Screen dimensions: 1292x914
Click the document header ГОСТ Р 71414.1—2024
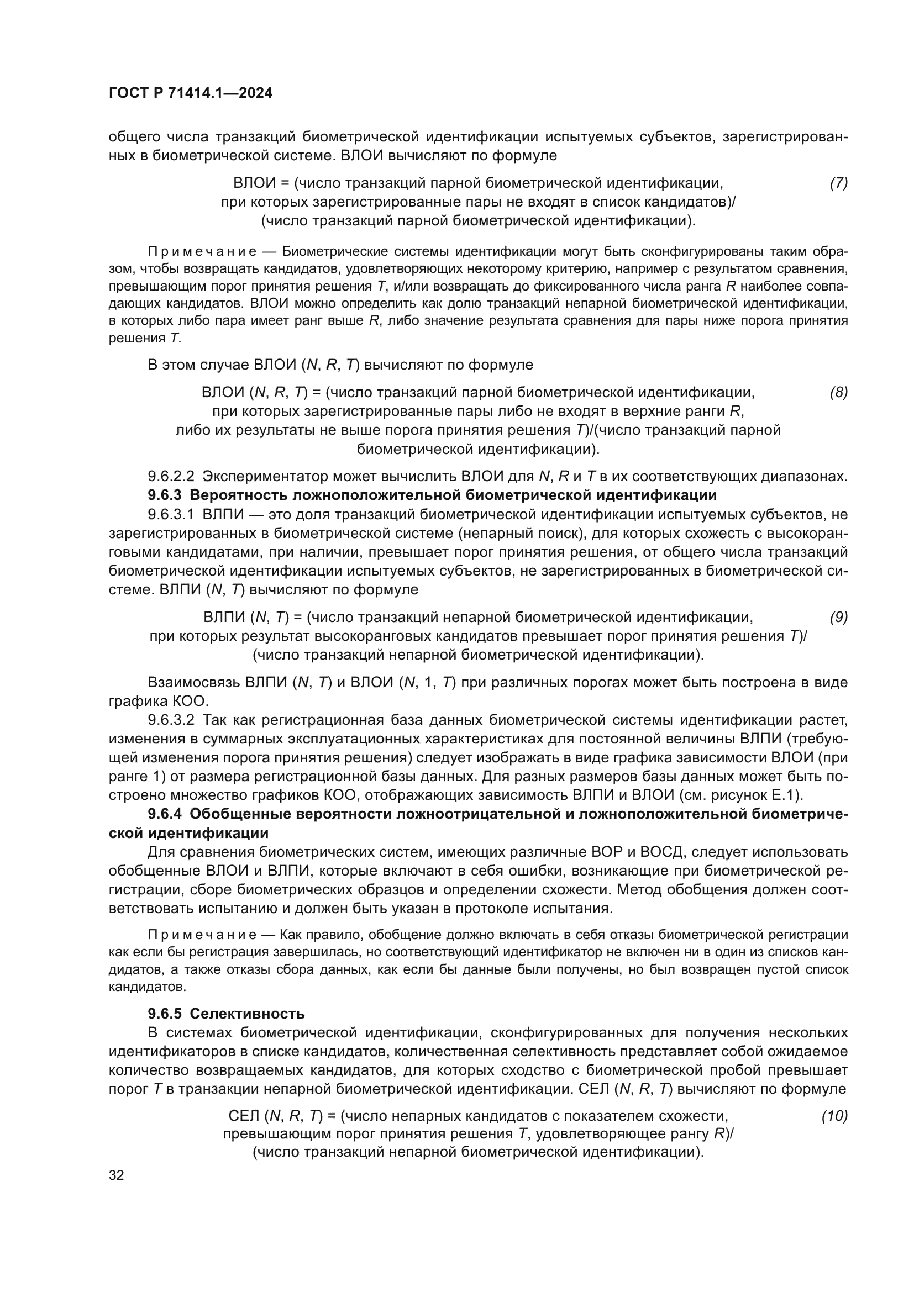click(x=190, y=93)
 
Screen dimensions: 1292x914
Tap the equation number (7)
click(x=838, y=183)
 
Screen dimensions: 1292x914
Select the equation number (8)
click(x=838, y=392)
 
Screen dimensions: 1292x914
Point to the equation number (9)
click(x=838, y=618)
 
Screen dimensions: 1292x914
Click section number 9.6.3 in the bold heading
click(x=165, y=495)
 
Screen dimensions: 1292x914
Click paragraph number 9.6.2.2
click(x=171, y=477)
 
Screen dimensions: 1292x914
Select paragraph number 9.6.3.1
click(x=171, y=514)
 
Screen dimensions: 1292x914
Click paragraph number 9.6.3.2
click(x=171, y=720)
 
